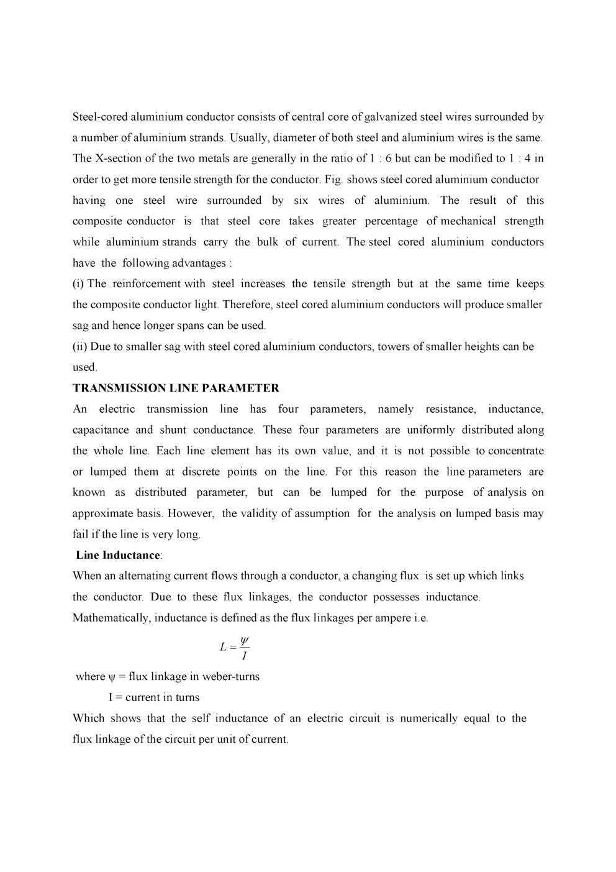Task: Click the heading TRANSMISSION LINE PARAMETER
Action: [176, 388]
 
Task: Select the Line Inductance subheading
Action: [118, 555]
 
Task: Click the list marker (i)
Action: [78, 284]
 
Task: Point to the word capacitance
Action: [101, 430]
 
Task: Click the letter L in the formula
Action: [223, 647]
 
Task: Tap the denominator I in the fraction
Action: [244, 656]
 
